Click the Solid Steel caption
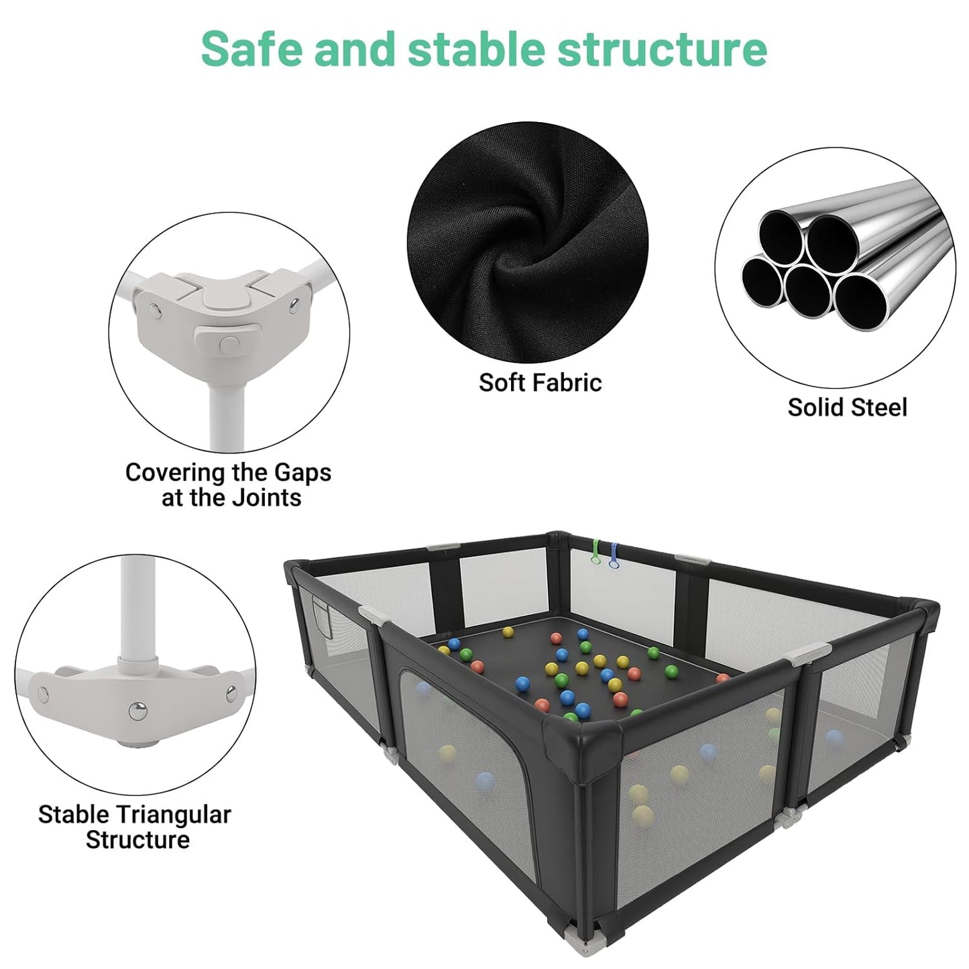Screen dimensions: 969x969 (847, 407)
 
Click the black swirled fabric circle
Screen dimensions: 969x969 (528, 243)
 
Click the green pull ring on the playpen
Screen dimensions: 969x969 (593, 551)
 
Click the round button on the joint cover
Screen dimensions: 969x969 (229, 343)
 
